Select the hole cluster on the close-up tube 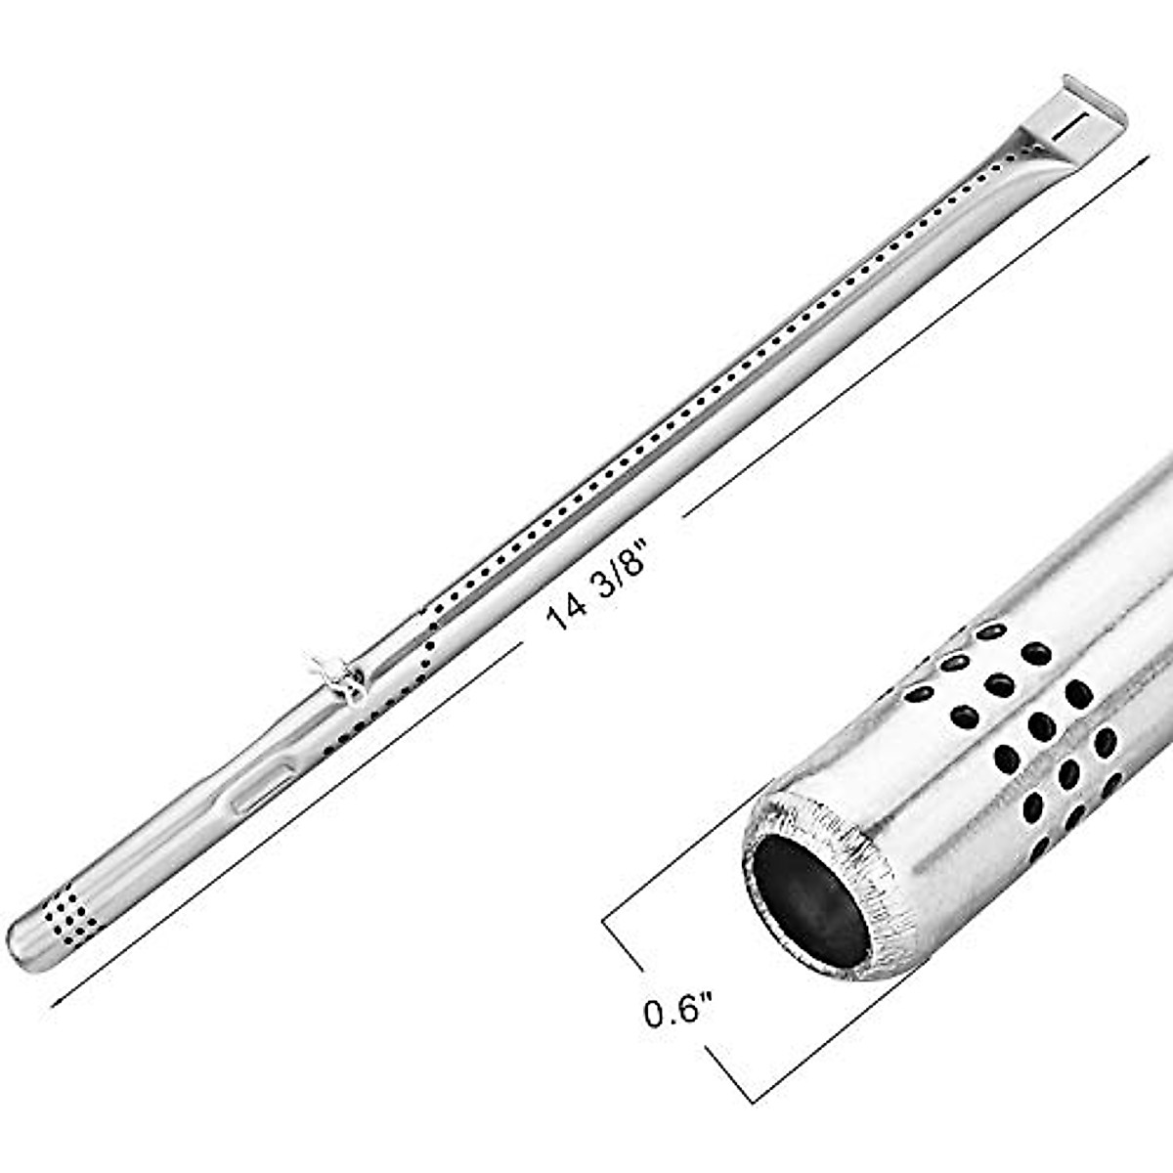[1026, 723]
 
